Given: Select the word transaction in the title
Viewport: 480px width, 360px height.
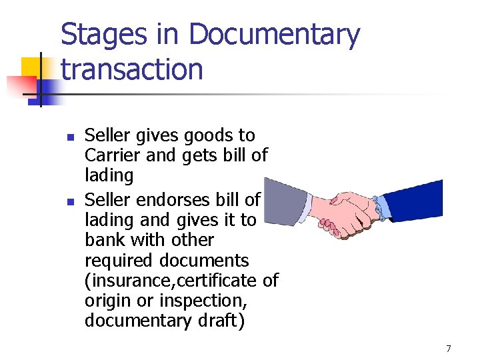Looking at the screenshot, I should (132, 69).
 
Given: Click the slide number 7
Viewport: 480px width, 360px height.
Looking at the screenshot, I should (449, 349).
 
